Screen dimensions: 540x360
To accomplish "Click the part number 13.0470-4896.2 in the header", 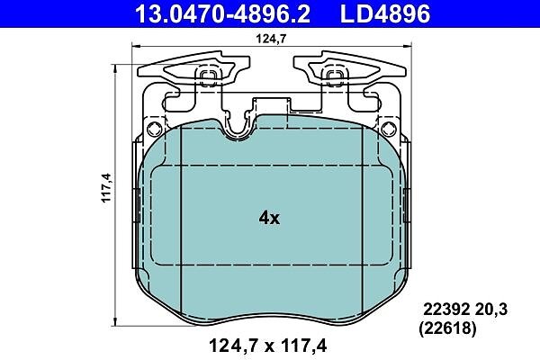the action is (223, 13).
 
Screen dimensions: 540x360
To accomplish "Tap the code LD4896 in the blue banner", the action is (385, 13).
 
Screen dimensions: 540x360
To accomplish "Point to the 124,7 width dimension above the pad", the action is (271, 39).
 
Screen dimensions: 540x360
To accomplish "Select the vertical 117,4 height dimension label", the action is (107, 188).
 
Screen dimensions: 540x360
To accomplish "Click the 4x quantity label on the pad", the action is (269, 218).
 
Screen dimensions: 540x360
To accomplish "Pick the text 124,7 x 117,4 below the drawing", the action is (267, 346).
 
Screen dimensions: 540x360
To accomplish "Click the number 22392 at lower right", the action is (446, 310).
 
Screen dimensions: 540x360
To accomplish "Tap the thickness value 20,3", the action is (490, 310).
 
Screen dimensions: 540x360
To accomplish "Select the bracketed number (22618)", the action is (447, 328).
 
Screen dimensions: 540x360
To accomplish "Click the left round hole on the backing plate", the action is (154, 130).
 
